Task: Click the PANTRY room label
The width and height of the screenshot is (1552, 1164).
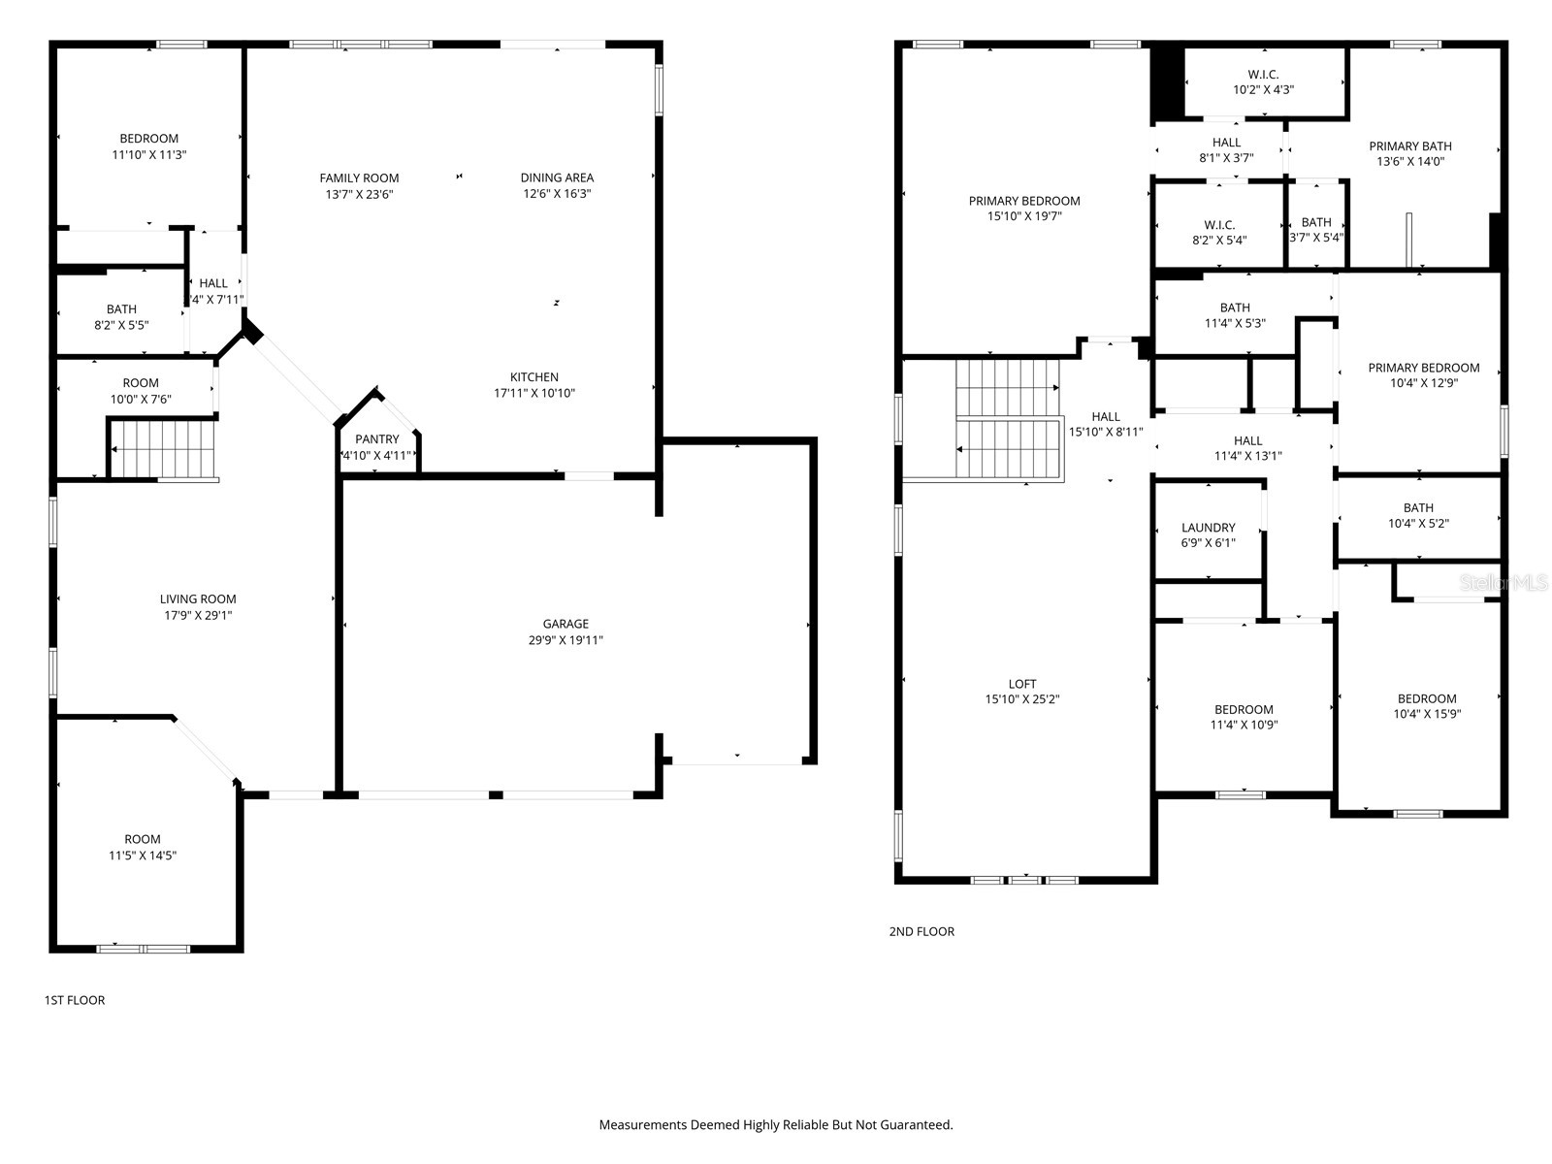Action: [376, 439]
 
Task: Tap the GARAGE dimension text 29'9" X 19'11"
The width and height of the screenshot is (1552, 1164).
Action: [566, 640]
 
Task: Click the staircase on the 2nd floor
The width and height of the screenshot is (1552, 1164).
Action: [1008, 419]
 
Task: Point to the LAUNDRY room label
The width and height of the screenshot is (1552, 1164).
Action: [1208, 528]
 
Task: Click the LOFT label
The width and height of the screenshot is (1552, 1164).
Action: [1021, 684]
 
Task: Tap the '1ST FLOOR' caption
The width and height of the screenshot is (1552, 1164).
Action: [75, 1000]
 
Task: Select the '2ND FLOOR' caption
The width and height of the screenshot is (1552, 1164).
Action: [921, 931]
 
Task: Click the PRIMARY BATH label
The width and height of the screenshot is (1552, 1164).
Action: [1409, 146]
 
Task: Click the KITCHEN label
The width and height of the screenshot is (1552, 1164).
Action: [534, 377]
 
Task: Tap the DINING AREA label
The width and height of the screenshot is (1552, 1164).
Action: [557, 178]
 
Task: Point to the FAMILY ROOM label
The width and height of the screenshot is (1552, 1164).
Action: [359, 178]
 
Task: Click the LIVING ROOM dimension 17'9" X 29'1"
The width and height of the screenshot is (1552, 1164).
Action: [198, 615]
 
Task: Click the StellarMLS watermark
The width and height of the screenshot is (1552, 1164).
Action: [1503, 583]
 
